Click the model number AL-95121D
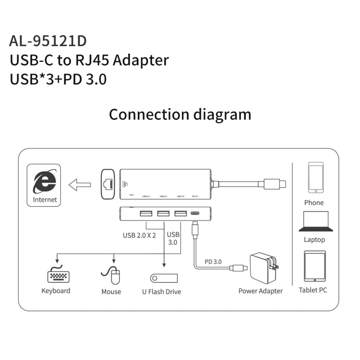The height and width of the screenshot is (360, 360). coord(48,41)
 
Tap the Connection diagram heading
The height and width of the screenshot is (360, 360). coord(180,114)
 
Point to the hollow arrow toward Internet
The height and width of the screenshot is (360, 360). coord(80,184)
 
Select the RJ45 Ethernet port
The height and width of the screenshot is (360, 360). coord(107,183)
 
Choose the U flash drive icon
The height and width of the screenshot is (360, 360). coord(164,278)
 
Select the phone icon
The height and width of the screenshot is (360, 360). coord(315,178)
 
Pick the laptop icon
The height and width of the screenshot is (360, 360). coord(315,222)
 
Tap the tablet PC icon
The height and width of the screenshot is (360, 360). coord(314,266)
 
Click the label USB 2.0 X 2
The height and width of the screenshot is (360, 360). coord(139,235)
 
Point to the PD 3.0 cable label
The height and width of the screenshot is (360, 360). coord(213,262)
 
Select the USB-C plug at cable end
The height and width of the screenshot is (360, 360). coord(274,183)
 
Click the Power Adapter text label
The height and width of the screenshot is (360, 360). coord(261,291)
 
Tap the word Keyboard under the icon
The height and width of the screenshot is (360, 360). coord(56,291)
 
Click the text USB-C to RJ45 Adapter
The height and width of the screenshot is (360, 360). coord(89,60)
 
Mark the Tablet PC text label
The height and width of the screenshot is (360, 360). coord(313,290)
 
